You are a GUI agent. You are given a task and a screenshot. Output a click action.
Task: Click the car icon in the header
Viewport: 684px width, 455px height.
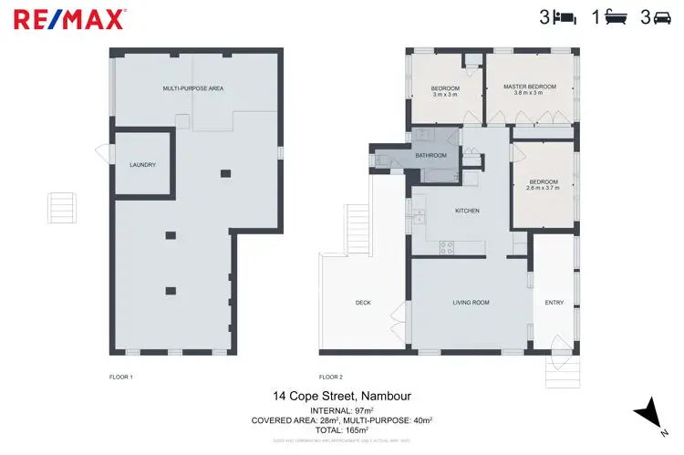tap(666, 17)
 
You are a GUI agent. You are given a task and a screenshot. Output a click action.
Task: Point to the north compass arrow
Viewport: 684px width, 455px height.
tap(649, 414)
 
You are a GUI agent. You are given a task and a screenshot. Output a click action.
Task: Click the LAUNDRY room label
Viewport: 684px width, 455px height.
tap(142, 165)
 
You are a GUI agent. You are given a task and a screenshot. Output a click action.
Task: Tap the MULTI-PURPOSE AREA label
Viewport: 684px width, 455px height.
tap(193, 88)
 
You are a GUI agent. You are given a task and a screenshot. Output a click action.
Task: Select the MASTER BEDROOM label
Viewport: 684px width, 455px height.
tap(529, 88)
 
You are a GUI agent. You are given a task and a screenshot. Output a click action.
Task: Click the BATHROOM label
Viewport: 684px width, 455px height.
tap(431, 155)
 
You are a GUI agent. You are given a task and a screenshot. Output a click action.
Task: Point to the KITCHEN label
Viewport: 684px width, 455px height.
tap(467, 211)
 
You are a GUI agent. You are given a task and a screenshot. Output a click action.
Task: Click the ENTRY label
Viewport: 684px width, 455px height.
tap(554, 303)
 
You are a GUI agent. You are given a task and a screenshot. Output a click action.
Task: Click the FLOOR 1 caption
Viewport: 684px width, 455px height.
tap(120, 376)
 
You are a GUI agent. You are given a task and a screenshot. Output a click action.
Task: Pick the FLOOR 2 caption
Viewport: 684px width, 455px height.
tap(330, 376)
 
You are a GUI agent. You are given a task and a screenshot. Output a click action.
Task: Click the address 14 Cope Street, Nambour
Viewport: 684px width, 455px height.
tap(341, 396)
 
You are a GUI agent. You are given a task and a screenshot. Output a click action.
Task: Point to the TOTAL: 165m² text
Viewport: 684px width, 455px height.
tap(341, 429)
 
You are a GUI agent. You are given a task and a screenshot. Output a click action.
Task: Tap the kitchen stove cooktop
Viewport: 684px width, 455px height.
tap(447, 245)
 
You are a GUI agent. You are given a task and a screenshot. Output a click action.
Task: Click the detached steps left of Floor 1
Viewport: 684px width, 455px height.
tap(62, 206)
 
